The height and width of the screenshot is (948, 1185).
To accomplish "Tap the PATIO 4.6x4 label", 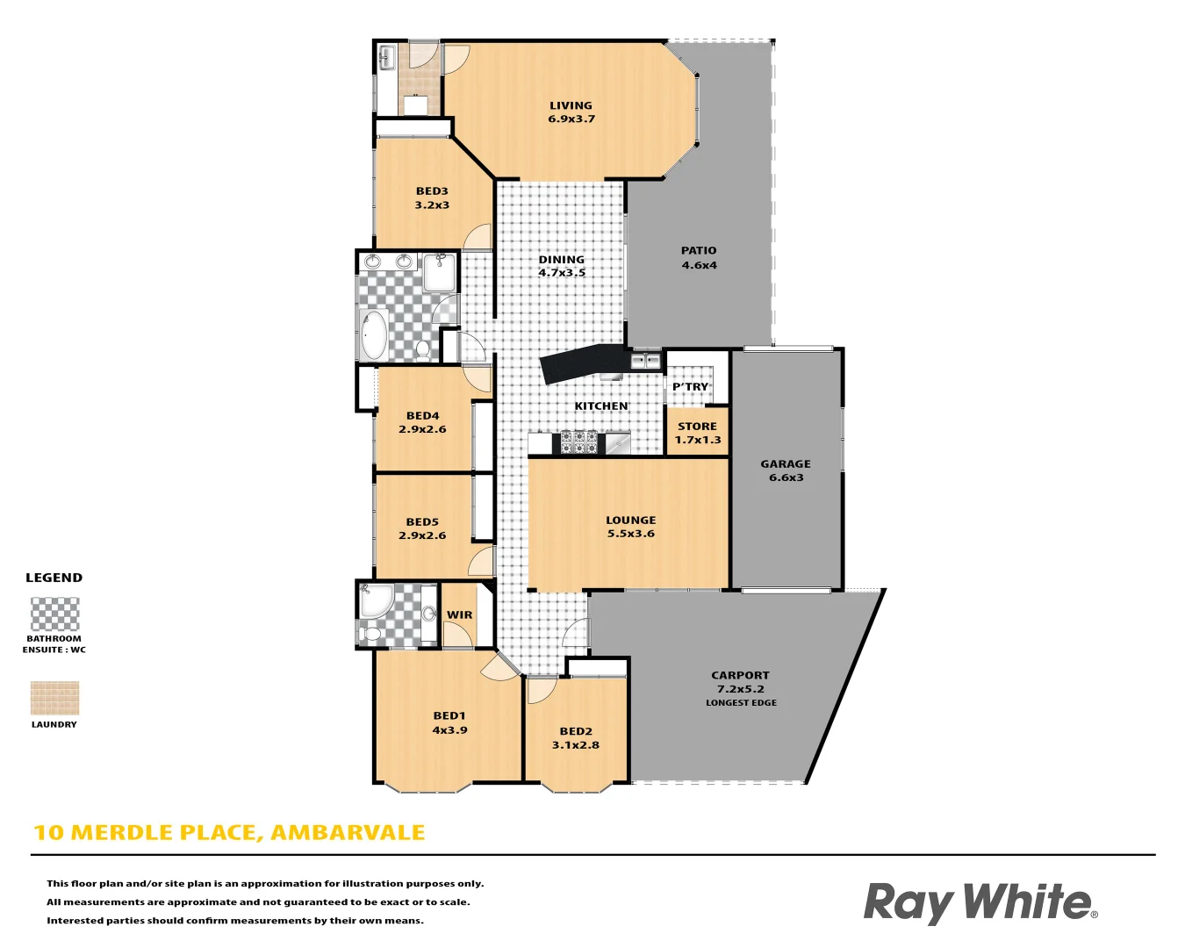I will pyautogui.click(x=699, y=257).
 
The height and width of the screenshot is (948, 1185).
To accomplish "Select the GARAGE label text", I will pyautogui.click(x=786, y=464).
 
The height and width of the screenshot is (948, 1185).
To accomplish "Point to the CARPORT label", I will pyautogui.click(x=740, y=675).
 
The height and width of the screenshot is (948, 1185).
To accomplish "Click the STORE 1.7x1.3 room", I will pyautogui.click(x=698, y=433).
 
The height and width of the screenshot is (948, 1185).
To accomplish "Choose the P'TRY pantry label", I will pyautogui.click(x=690, y=386).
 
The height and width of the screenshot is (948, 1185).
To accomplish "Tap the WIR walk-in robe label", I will pyautogui.click(x=459, y=614).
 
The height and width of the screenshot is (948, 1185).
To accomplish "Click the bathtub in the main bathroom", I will pyautogui.click(x=375, y=334).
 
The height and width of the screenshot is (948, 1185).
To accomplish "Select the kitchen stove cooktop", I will pyautogui.click(x=579, y=442).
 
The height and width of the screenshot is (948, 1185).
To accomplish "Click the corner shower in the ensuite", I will pyautogui.click(x=376, y=600).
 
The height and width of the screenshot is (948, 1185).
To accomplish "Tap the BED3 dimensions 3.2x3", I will pyautogui.click(x=432, y=205).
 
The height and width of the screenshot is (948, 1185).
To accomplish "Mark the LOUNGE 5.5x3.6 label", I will pyautogui.click(x=630, y=527).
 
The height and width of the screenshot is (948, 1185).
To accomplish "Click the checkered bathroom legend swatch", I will pyautogui.click(x=54, y=614).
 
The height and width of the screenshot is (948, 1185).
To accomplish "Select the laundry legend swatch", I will pyautogui.click(x=54, y=699).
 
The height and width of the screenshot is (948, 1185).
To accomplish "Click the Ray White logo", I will pyautogui.click(x=980, y=902).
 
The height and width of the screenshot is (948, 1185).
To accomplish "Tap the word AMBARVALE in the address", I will pyautogui.click(x=348, y=832).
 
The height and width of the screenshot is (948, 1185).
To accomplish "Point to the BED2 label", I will pyautogui.click(x=576, y=731).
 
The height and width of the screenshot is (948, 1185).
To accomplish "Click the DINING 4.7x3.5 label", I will pyautogui.click(x=562, y=266).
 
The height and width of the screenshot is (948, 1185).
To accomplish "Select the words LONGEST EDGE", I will pyautogui.click(x=741, y=703).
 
